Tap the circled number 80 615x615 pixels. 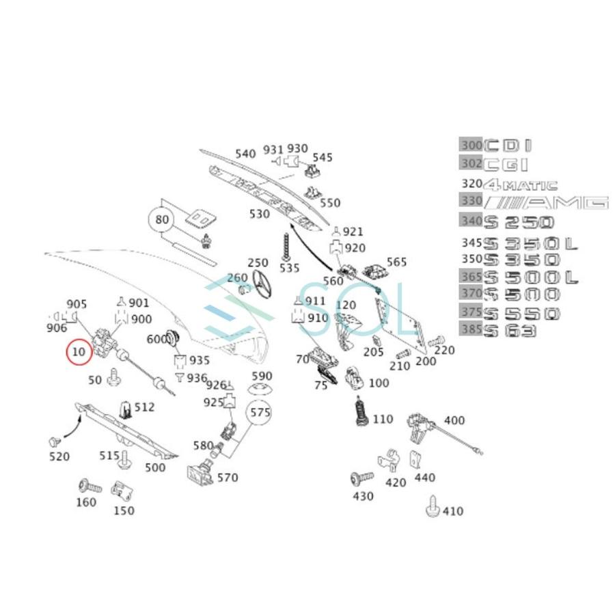pos(161,220)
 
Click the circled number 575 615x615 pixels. pos(260,412)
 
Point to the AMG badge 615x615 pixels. pos(546,202)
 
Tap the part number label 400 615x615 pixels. pos(454,420)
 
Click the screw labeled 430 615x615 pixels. pos(360,478)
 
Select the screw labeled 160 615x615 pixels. pos(90,487)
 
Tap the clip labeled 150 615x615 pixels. pos(121,490)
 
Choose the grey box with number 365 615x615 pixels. pos(470,277)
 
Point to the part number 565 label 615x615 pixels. pos(396,262)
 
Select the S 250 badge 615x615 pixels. pos(519,221)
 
